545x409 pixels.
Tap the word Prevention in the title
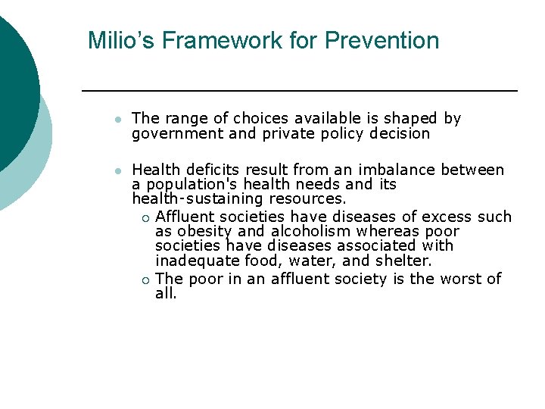click(381, 40)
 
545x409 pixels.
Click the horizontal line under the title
click(299, 91)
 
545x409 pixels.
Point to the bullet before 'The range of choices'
click(116, 120)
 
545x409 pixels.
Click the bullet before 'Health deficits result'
click(116, 170)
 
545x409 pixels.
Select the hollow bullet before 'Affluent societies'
click(145, 218)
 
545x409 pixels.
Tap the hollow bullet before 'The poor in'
click(145, 280)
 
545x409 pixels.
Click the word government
click(169, 134)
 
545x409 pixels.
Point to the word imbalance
click(400, 170)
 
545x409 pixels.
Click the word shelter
click(405, 261)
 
